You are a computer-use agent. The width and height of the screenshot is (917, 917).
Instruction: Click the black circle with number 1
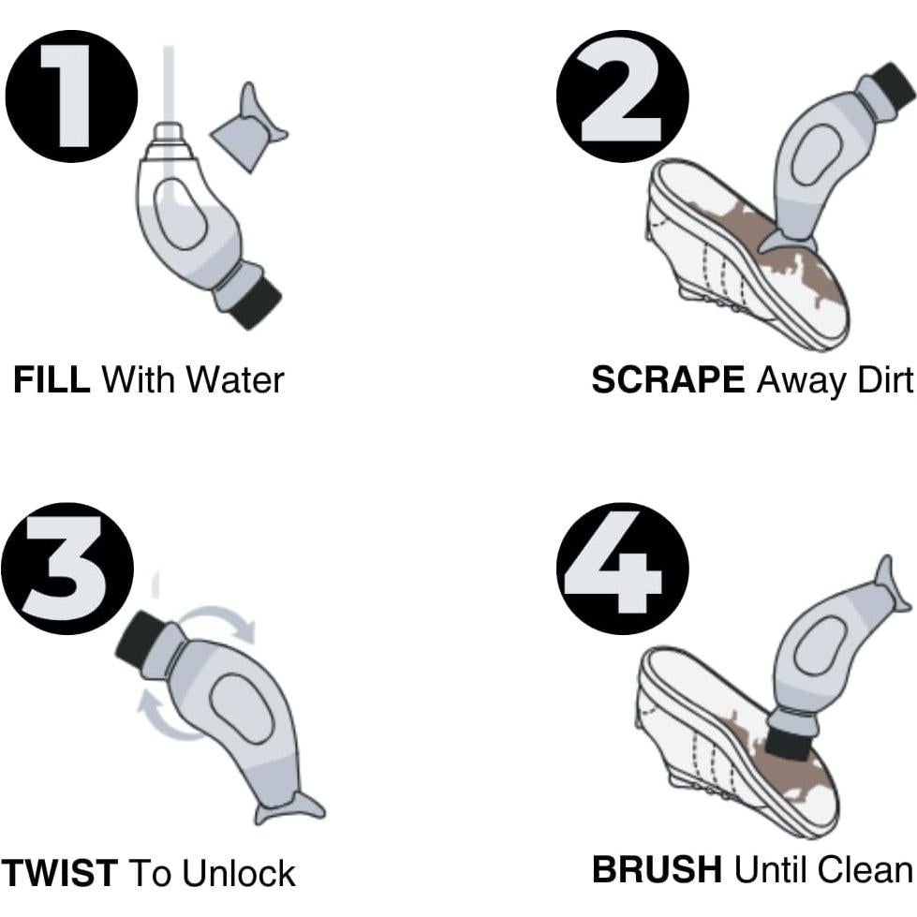click(71, 96)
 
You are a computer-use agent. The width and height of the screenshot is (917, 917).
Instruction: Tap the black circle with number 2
click(622, 96)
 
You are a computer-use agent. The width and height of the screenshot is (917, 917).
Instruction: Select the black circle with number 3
click(67, 569)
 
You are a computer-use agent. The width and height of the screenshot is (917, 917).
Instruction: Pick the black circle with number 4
click(622, 569)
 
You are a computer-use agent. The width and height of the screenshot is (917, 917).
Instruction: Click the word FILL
click(52, 379)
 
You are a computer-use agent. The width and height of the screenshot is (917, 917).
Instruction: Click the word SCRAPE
click(668, 379)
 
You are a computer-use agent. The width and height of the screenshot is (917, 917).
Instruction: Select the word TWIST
click(59, 873)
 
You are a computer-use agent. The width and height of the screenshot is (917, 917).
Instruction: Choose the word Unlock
click(239, 873)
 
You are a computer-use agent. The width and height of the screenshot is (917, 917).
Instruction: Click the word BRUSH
click(657, 869)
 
